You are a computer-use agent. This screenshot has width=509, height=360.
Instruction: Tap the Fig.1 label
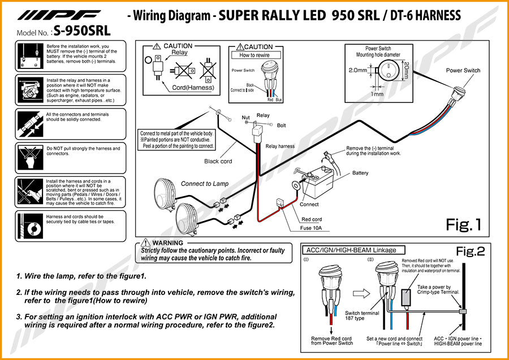463,225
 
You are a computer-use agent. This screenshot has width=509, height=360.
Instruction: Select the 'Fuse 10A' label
311,228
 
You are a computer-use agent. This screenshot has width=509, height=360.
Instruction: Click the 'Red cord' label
312,219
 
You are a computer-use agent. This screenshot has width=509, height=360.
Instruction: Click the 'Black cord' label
218,161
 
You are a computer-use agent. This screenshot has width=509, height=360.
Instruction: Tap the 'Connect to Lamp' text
205,184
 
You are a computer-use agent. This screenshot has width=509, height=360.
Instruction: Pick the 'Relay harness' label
280,146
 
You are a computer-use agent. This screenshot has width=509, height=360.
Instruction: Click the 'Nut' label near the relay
246,118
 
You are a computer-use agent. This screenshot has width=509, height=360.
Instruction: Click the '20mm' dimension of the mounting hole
406,71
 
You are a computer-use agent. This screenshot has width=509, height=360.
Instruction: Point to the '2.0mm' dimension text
358,70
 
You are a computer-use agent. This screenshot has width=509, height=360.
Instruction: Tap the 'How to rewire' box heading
255,55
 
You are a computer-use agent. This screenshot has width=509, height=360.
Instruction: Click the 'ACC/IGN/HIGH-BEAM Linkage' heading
351,250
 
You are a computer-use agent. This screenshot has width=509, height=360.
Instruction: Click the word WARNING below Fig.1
168,243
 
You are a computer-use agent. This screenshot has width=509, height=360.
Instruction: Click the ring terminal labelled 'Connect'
295,184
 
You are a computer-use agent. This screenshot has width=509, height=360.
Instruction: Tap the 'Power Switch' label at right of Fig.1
463,71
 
